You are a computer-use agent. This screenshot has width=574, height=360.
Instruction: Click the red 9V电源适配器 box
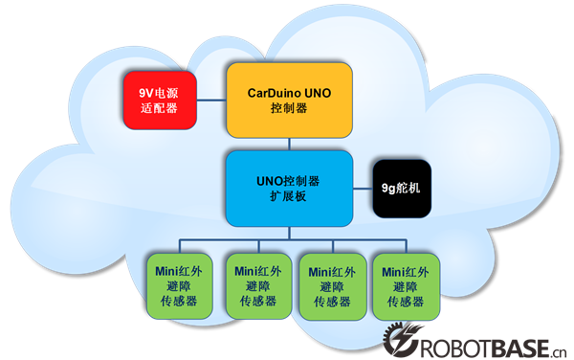(161, 99)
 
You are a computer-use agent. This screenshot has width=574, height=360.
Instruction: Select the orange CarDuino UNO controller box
(289, 100)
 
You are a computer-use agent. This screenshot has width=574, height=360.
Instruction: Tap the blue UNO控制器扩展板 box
(289, 187)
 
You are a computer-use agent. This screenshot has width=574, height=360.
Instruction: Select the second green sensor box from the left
(257, 284)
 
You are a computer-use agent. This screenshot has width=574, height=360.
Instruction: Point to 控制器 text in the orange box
(289, 109)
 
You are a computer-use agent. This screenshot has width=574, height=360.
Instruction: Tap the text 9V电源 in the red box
(161, 91)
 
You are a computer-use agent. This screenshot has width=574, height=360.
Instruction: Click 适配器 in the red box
(161, 107)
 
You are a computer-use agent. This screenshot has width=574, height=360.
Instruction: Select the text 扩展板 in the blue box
(289, 195)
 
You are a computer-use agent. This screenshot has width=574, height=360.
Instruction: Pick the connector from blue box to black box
(362, 188)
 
